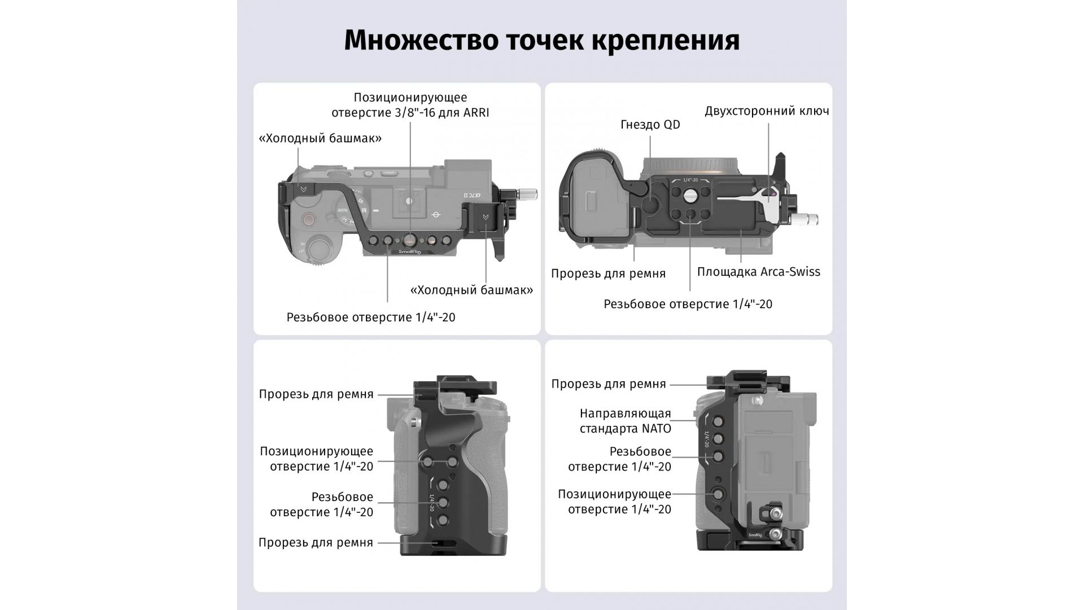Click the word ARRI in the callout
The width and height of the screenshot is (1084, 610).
pos(476,112)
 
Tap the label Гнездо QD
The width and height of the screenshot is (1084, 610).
pos(650,125)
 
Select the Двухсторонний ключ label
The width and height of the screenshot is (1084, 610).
pos(767,111)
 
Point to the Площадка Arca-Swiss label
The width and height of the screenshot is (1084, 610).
pos(758,272)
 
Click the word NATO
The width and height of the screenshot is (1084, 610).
pos(656,429)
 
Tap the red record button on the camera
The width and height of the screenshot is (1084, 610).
pos(308,220)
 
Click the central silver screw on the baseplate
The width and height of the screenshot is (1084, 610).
pos(689,195)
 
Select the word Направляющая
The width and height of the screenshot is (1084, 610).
pos(625,414)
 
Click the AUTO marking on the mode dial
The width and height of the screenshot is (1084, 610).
pos(342,211)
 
